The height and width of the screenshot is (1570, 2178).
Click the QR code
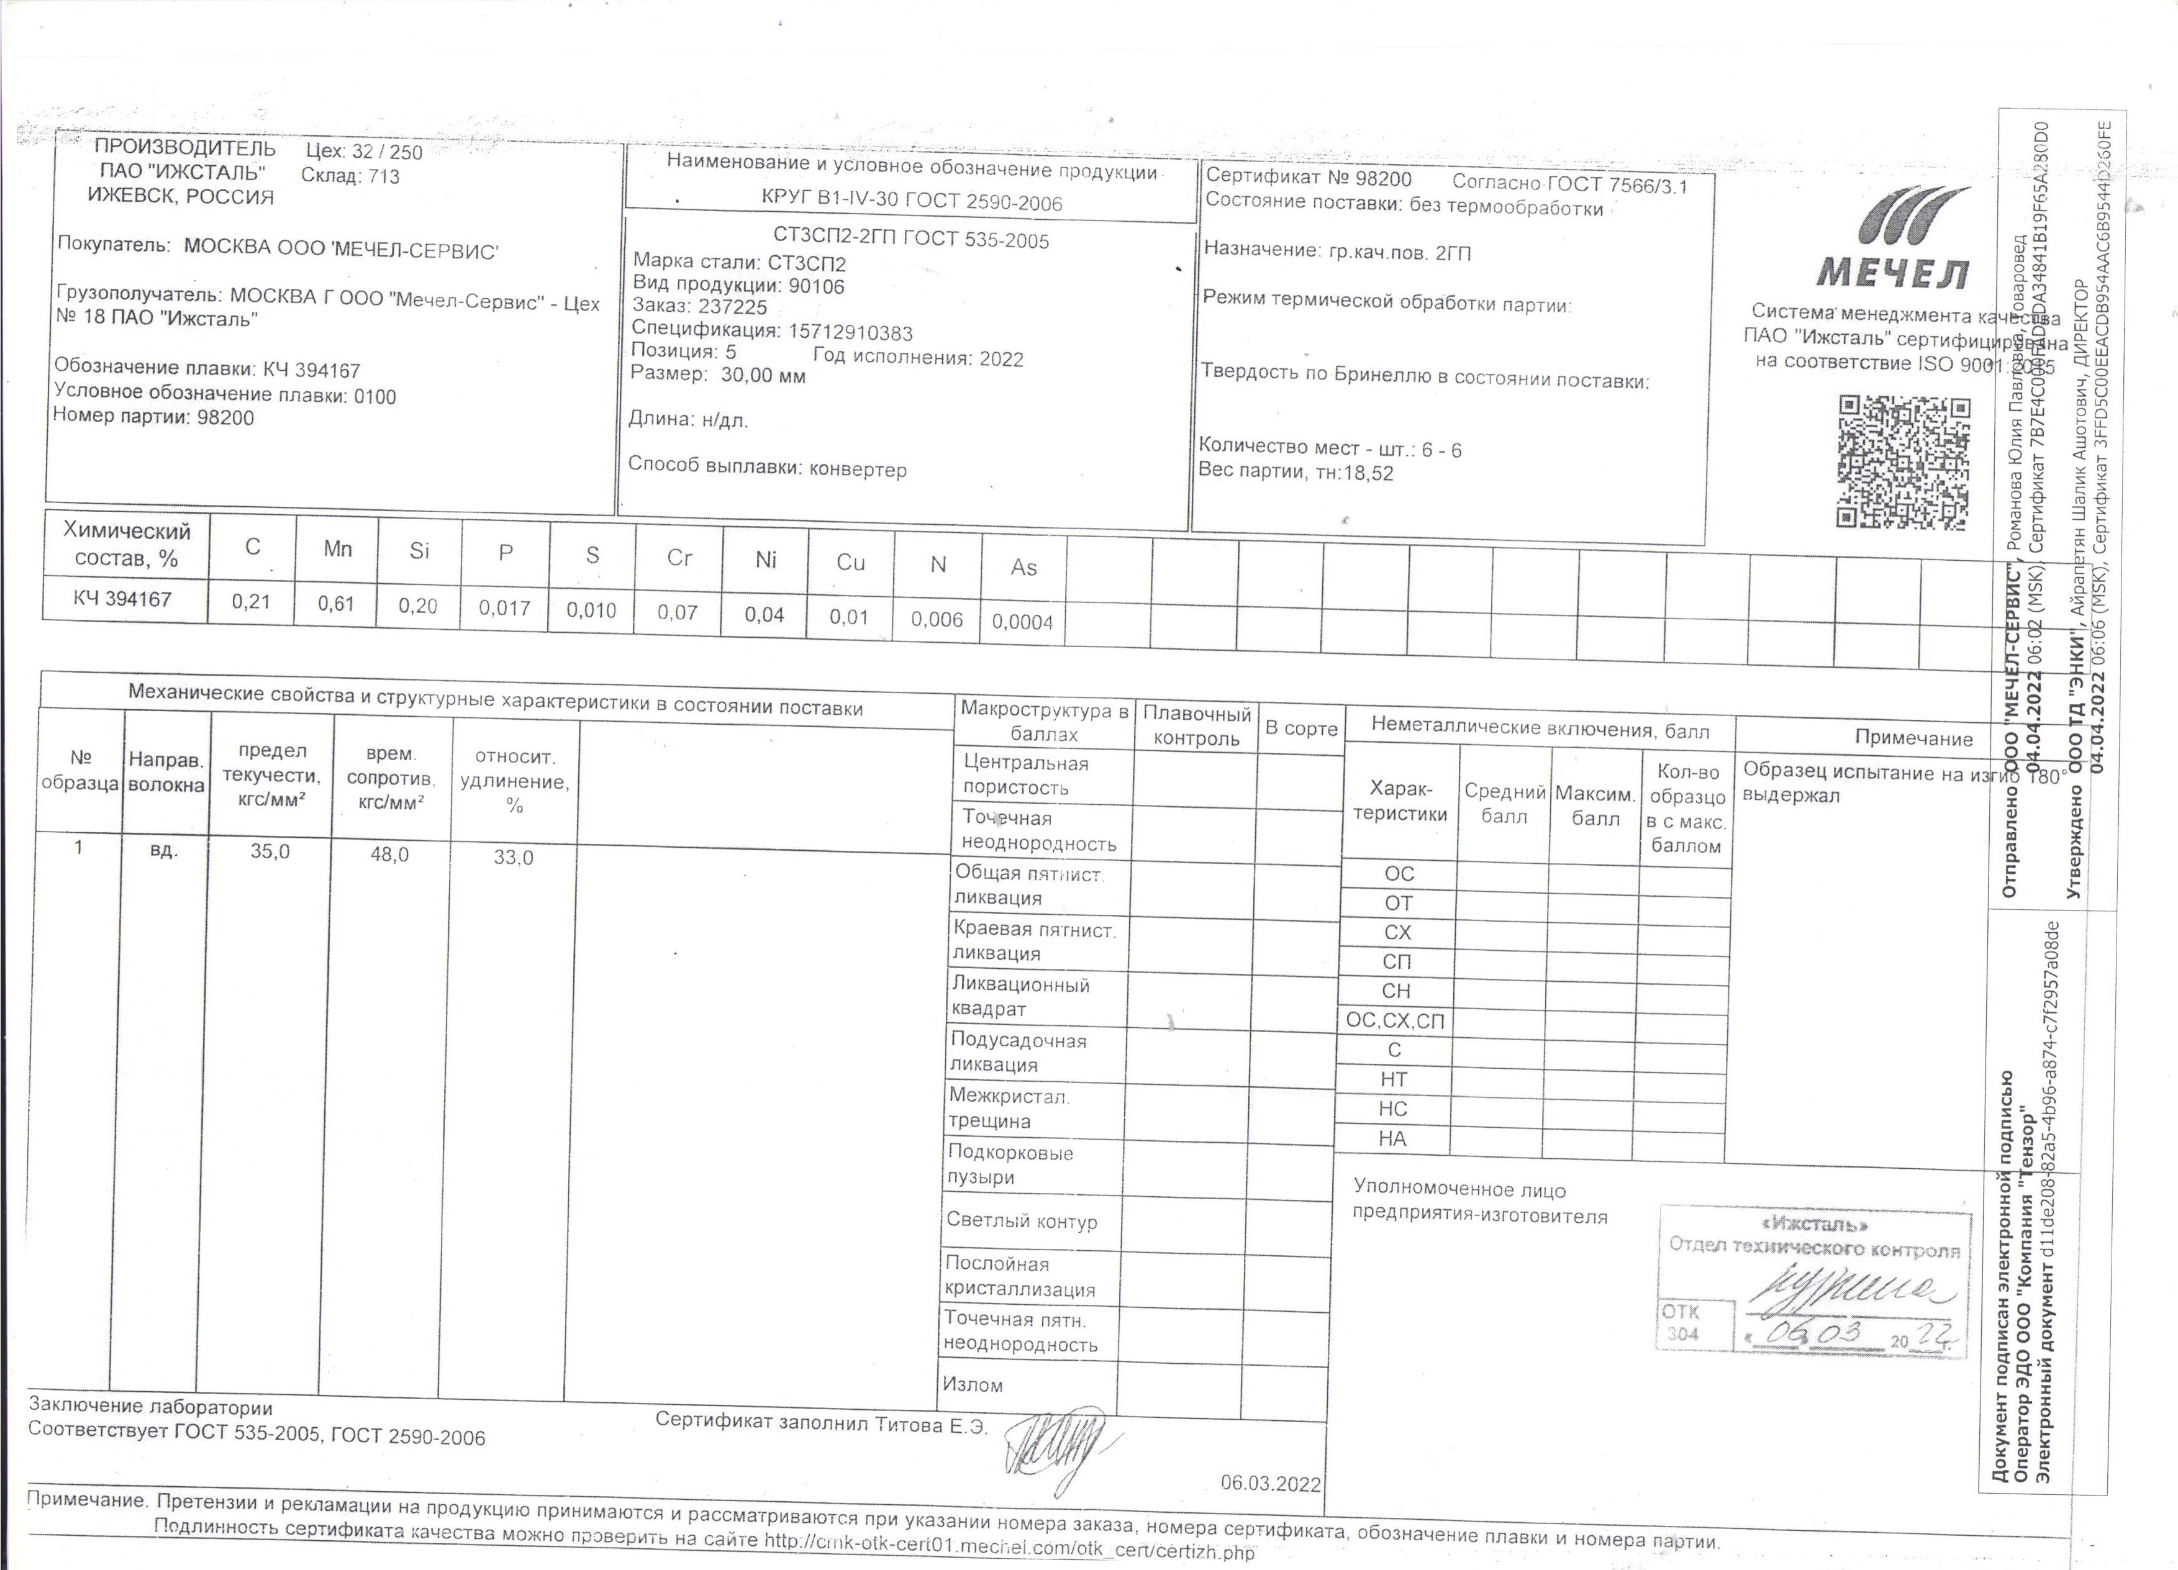[1903, 463]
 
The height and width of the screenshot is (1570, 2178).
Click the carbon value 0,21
[251, 602]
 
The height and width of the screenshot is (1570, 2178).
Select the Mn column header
[337, 549]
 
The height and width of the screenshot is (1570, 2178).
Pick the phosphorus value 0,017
[504, 608]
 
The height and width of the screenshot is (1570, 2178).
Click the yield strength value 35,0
[270, 851]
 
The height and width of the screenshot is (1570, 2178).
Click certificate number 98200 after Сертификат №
[1383, 179]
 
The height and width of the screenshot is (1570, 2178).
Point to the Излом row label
[973, 1385]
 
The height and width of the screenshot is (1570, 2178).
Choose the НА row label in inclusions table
[1392, 1139]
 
